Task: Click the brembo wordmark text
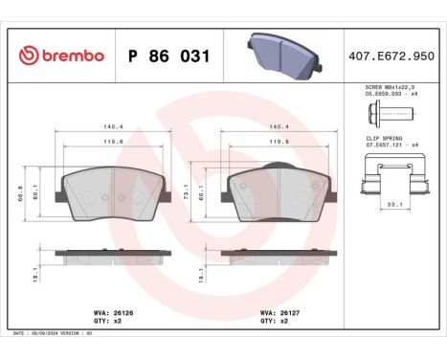coord(72,56)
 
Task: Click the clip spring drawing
coord(392,178)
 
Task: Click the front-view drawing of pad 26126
coord(110,189)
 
